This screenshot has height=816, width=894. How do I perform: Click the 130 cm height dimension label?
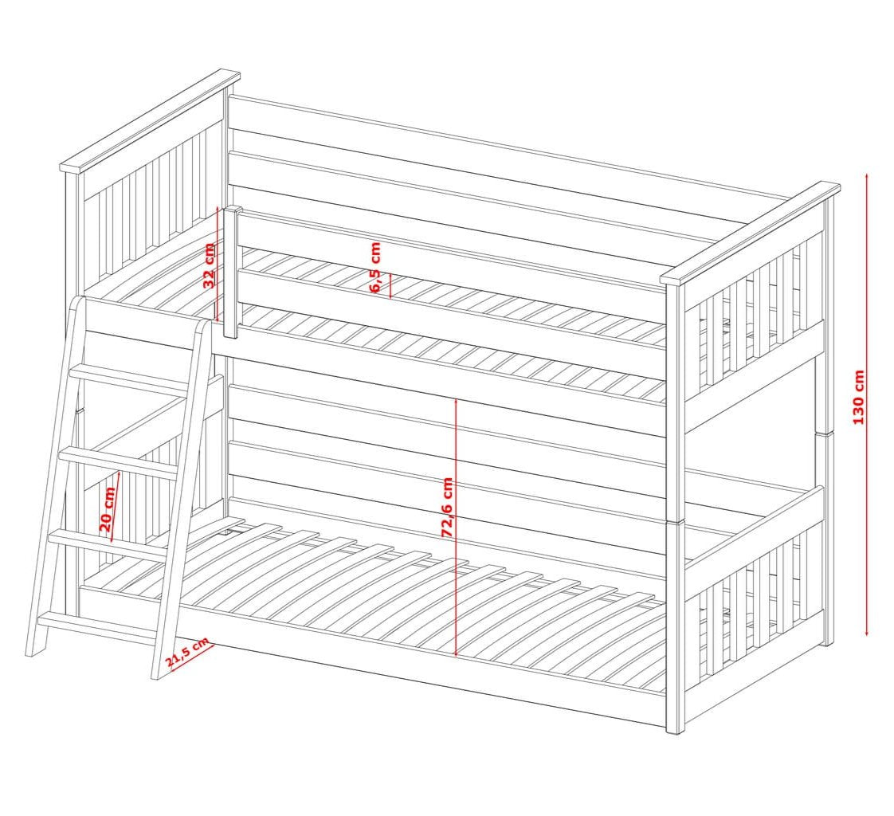click(858, 397)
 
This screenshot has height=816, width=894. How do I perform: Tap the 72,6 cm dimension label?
click(447, 507)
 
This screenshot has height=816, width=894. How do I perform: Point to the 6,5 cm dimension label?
click(376, 267)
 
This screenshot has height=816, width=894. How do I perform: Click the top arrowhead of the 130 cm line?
click(867, 175)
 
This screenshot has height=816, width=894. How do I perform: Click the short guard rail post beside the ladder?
click(233, 271)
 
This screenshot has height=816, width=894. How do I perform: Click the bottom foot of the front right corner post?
click(675, 727)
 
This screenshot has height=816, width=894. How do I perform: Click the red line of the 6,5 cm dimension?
click(390, 284)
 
